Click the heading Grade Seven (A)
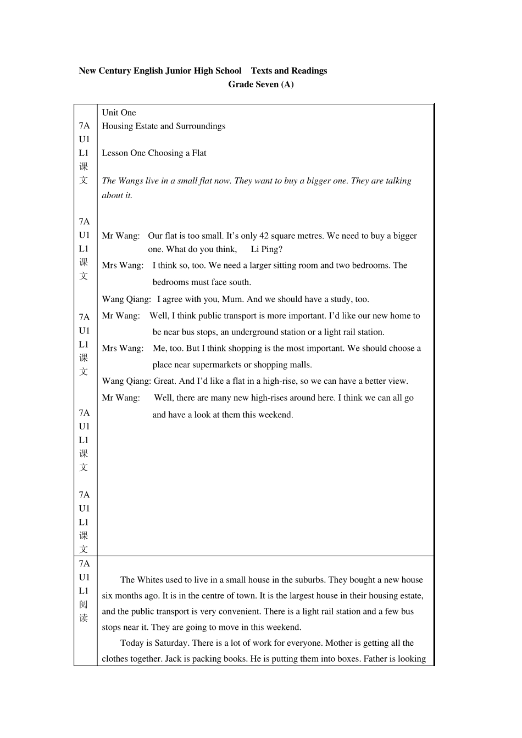261,84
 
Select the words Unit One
119,113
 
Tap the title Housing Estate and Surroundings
163,126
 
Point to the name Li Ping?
266,249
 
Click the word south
238,282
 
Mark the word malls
301,365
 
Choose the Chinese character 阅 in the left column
84,604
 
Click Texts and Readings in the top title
289,70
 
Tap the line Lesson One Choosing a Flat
154,153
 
